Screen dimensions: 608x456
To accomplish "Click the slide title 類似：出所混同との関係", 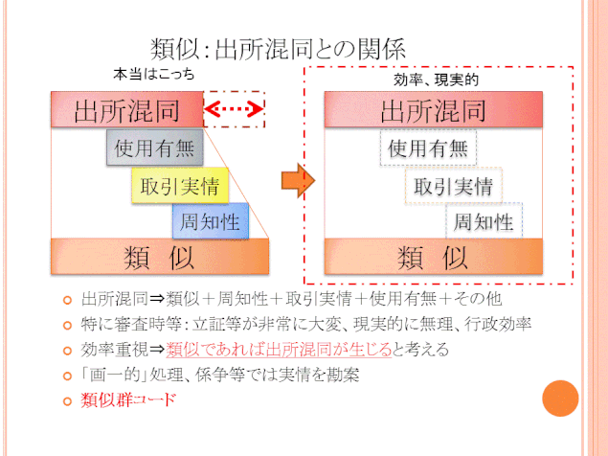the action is pyautogui.click(x=278, y=49).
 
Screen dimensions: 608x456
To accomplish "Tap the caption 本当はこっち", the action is pyautogui.click(x=154, y=74).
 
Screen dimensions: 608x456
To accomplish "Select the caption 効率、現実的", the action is pyautogui.click(x=437, y=80).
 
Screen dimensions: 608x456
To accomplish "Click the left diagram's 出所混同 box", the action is pyautogui.click(x=127, y=109).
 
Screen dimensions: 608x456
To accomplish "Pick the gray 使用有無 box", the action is pyautogui.click(x=155, y=148).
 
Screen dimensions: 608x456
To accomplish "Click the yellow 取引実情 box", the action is pyautogui.click(x=180, y=186).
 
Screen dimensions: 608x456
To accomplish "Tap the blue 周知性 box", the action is pyautogui.click(x=211, y=221).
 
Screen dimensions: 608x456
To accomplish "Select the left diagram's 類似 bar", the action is pyautogui.click(x=160, y=257).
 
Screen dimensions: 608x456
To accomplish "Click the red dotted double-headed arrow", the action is pyautogui.click(x=234, y=109).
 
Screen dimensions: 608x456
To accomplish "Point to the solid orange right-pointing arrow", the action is pyautogui.click(x=298, y=180).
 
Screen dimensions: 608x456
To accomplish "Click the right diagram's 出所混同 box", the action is pyautogui.click(x=434, y=109).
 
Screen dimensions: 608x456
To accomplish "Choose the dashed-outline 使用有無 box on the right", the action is pyautogui.click(x=428, y=148).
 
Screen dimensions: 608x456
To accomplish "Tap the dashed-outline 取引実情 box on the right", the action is pyautogui.click(x=454, y=186).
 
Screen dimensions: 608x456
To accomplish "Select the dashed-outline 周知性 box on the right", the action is pyautogui.click(x=484, y=221).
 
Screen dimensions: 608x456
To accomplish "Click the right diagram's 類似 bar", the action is pyautogui.click(x=434, y=257).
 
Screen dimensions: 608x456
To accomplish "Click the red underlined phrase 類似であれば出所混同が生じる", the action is pyautogui.click(x=279, y=350).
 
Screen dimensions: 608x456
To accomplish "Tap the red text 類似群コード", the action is pyautogui.click(x=128, y=399).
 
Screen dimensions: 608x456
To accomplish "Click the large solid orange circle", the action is pyautogui.click(x=560, y=399).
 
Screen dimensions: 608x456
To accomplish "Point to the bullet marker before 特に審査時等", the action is pyautogui.click(x=67, y=325).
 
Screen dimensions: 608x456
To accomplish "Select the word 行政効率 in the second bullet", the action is pyautogui.click(x=498, y=324).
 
